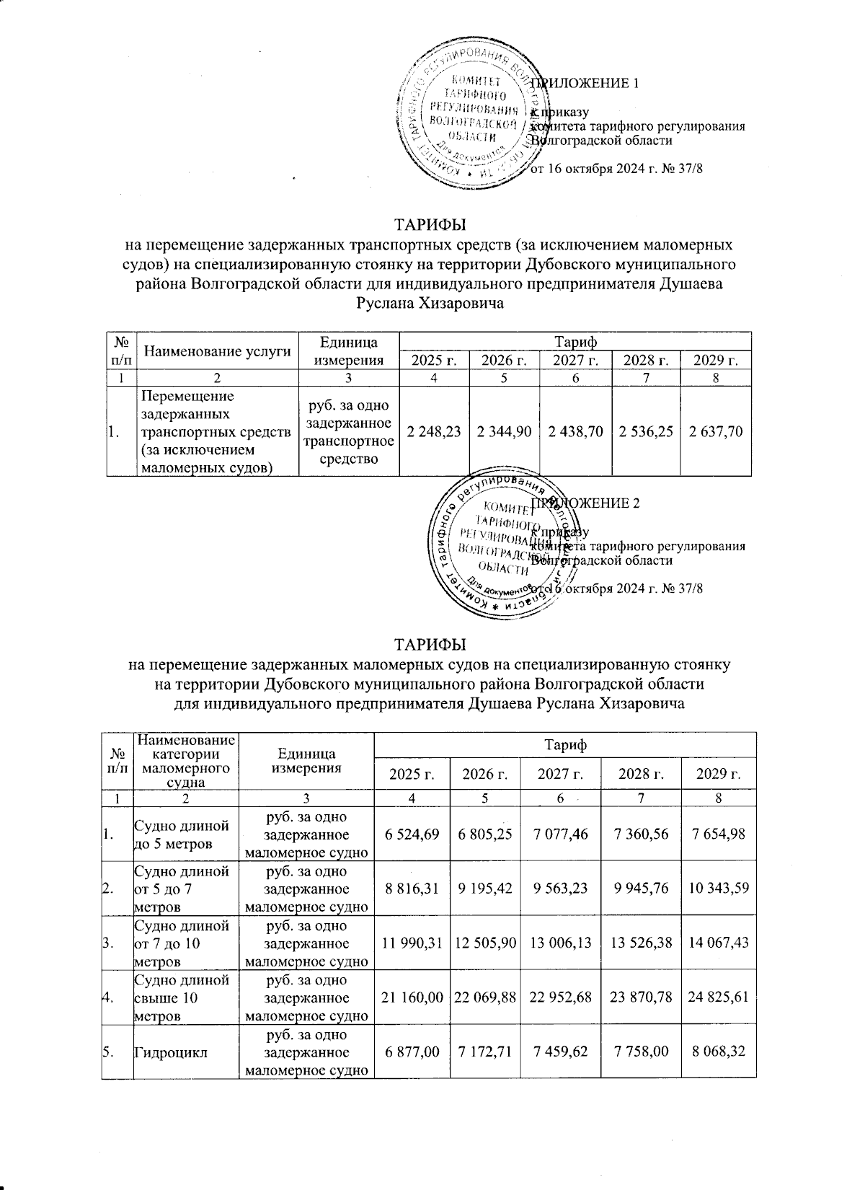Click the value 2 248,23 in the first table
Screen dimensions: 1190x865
pos(433,431)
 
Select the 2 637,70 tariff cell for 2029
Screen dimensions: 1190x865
pos(716,431)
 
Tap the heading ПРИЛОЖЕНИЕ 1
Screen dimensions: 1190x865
pos(585,83)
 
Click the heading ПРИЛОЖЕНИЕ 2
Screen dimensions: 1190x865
pos(585,503)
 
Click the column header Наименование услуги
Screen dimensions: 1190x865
pos(218,351)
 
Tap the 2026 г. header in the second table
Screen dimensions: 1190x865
pos(485,775)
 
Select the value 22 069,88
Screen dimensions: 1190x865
pos(485,997)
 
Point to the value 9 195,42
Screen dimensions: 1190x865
pos(485,889)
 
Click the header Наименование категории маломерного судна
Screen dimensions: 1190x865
pos(186,761)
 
